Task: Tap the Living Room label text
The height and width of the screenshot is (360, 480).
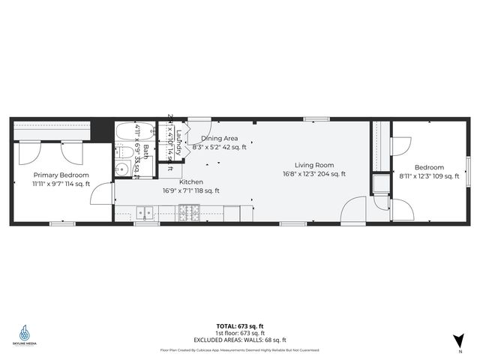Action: (313, 165)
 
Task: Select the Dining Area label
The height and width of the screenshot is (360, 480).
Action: (220, 139)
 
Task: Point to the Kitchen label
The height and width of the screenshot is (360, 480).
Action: (190, 182)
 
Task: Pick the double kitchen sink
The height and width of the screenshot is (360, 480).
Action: (145, 213)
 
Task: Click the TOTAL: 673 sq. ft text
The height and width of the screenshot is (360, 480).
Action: (239, 325)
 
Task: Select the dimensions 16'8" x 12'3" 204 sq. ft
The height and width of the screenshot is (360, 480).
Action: (313, 174)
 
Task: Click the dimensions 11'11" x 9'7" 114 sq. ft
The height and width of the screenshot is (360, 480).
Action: (61, 184)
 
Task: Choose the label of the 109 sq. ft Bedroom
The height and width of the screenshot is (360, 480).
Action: (429, 167)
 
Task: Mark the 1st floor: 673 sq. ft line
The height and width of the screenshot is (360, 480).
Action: (239, 332)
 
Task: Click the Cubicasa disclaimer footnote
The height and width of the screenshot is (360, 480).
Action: (239, 350)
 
